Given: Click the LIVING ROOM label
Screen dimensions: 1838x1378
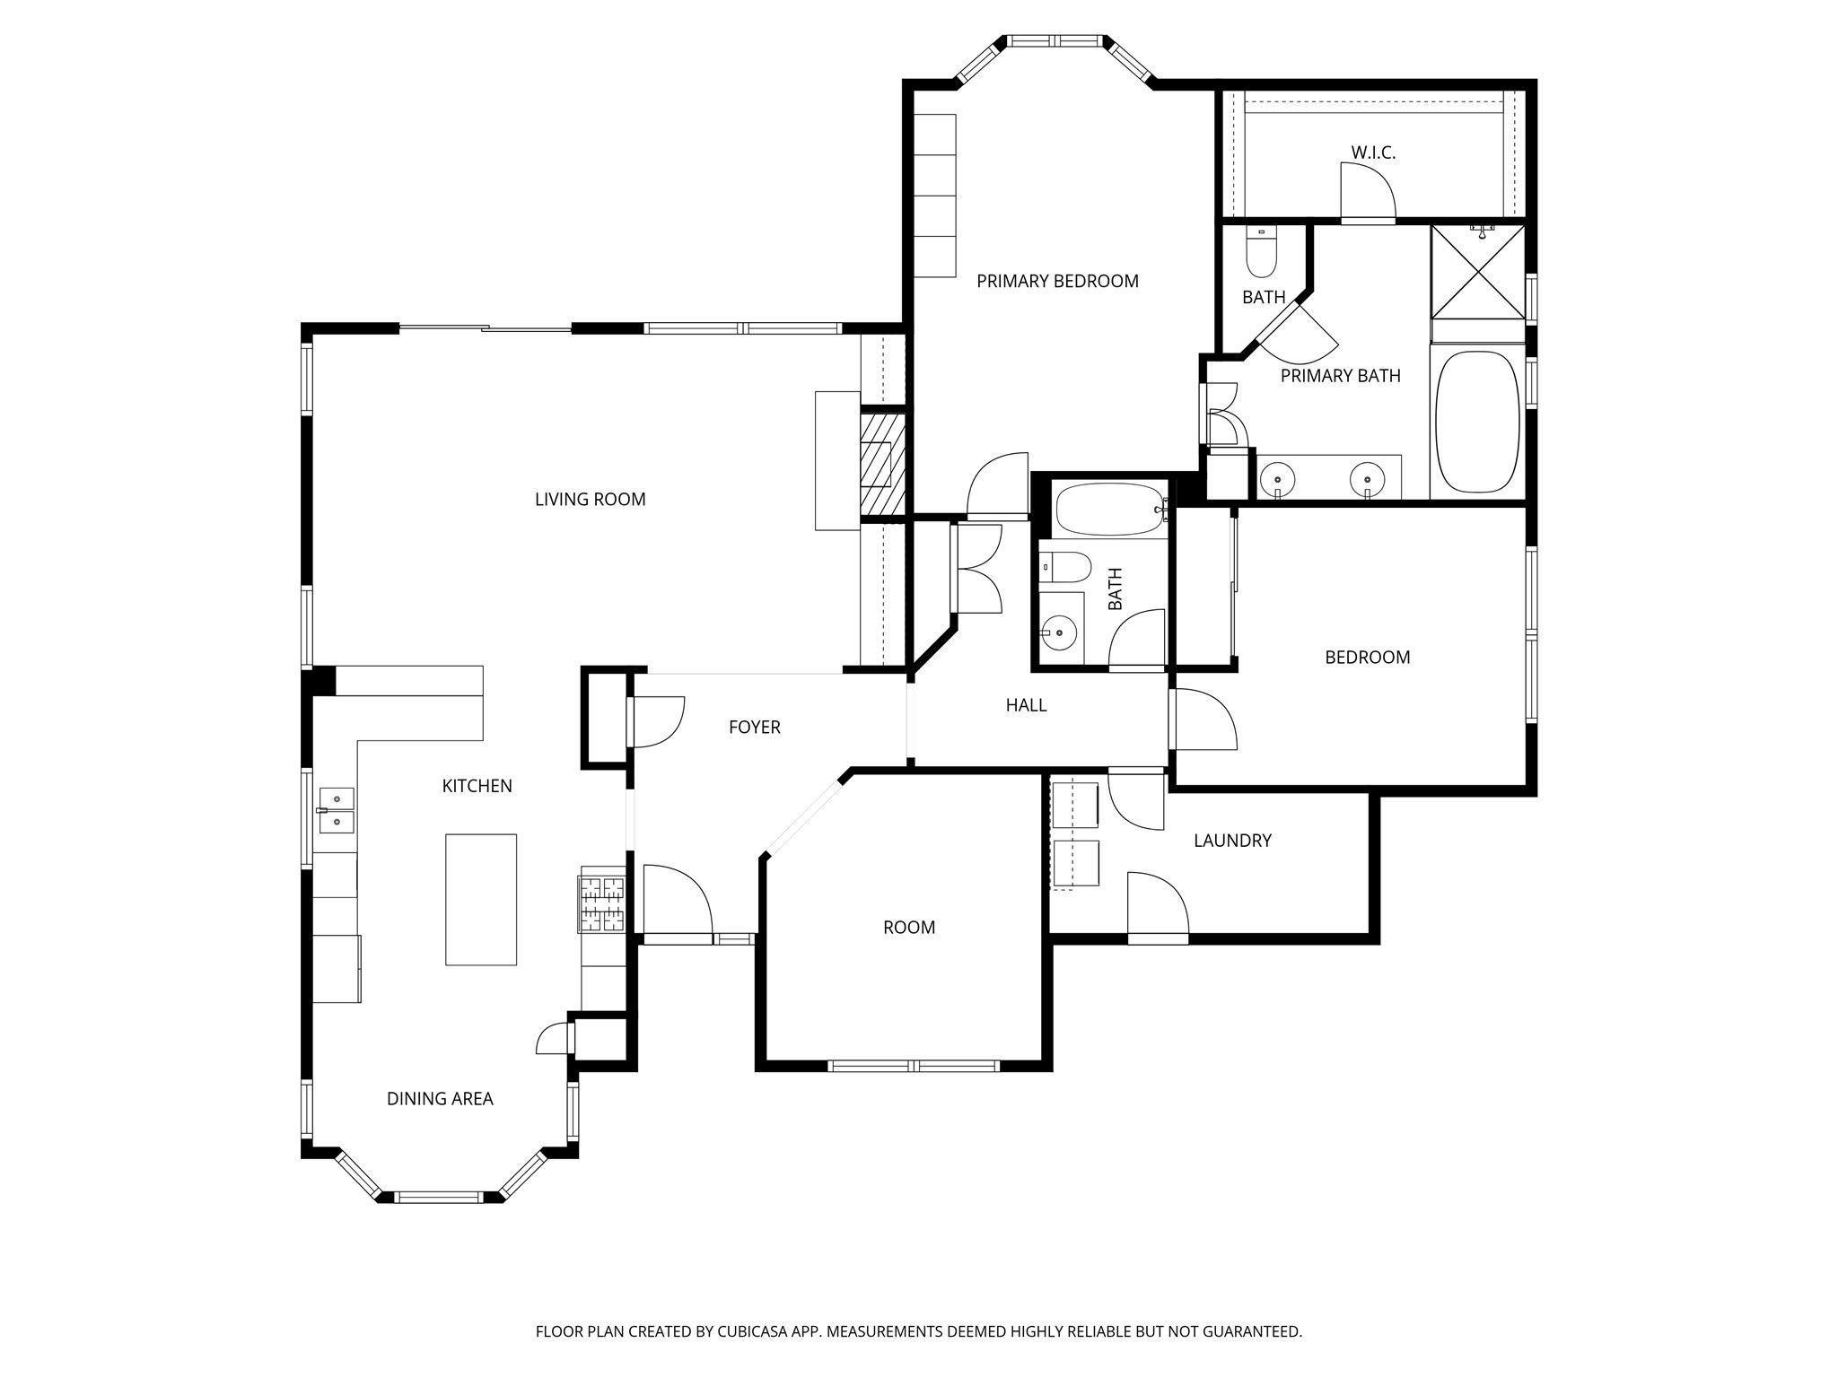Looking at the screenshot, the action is point(590,500).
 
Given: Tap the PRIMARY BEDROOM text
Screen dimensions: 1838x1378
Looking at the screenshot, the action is point(1057,282).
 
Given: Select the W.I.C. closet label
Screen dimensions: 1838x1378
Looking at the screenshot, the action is point(1373,153).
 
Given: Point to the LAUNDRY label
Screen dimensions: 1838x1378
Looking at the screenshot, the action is point(1232,841).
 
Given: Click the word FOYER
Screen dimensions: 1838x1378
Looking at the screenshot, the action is point(754,728).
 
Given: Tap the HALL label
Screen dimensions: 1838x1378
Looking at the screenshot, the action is point(1026,705).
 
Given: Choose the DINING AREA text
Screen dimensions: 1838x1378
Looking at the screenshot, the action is point(440,1099).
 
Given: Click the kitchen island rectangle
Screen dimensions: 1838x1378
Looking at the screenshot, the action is point(481,899).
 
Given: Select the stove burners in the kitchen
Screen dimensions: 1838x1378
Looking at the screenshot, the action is point(602,904).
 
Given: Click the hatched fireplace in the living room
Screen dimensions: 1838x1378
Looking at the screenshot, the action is point(881,464).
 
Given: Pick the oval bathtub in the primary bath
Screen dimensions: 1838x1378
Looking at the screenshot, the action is point(1477,422).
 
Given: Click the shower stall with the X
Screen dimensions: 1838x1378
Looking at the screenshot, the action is point(1477,272).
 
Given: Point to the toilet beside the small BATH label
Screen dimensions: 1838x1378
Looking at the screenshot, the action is point(1261,253).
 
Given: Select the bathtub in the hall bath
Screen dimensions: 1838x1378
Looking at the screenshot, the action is point(1111,509).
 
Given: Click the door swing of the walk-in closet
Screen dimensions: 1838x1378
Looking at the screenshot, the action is point(1366,191).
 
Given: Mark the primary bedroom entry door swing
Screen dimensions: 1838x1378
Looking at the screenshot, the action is point(996,486).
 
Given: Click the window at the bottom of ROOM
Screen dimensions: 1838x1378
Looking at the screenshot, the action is point(914,1066).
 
